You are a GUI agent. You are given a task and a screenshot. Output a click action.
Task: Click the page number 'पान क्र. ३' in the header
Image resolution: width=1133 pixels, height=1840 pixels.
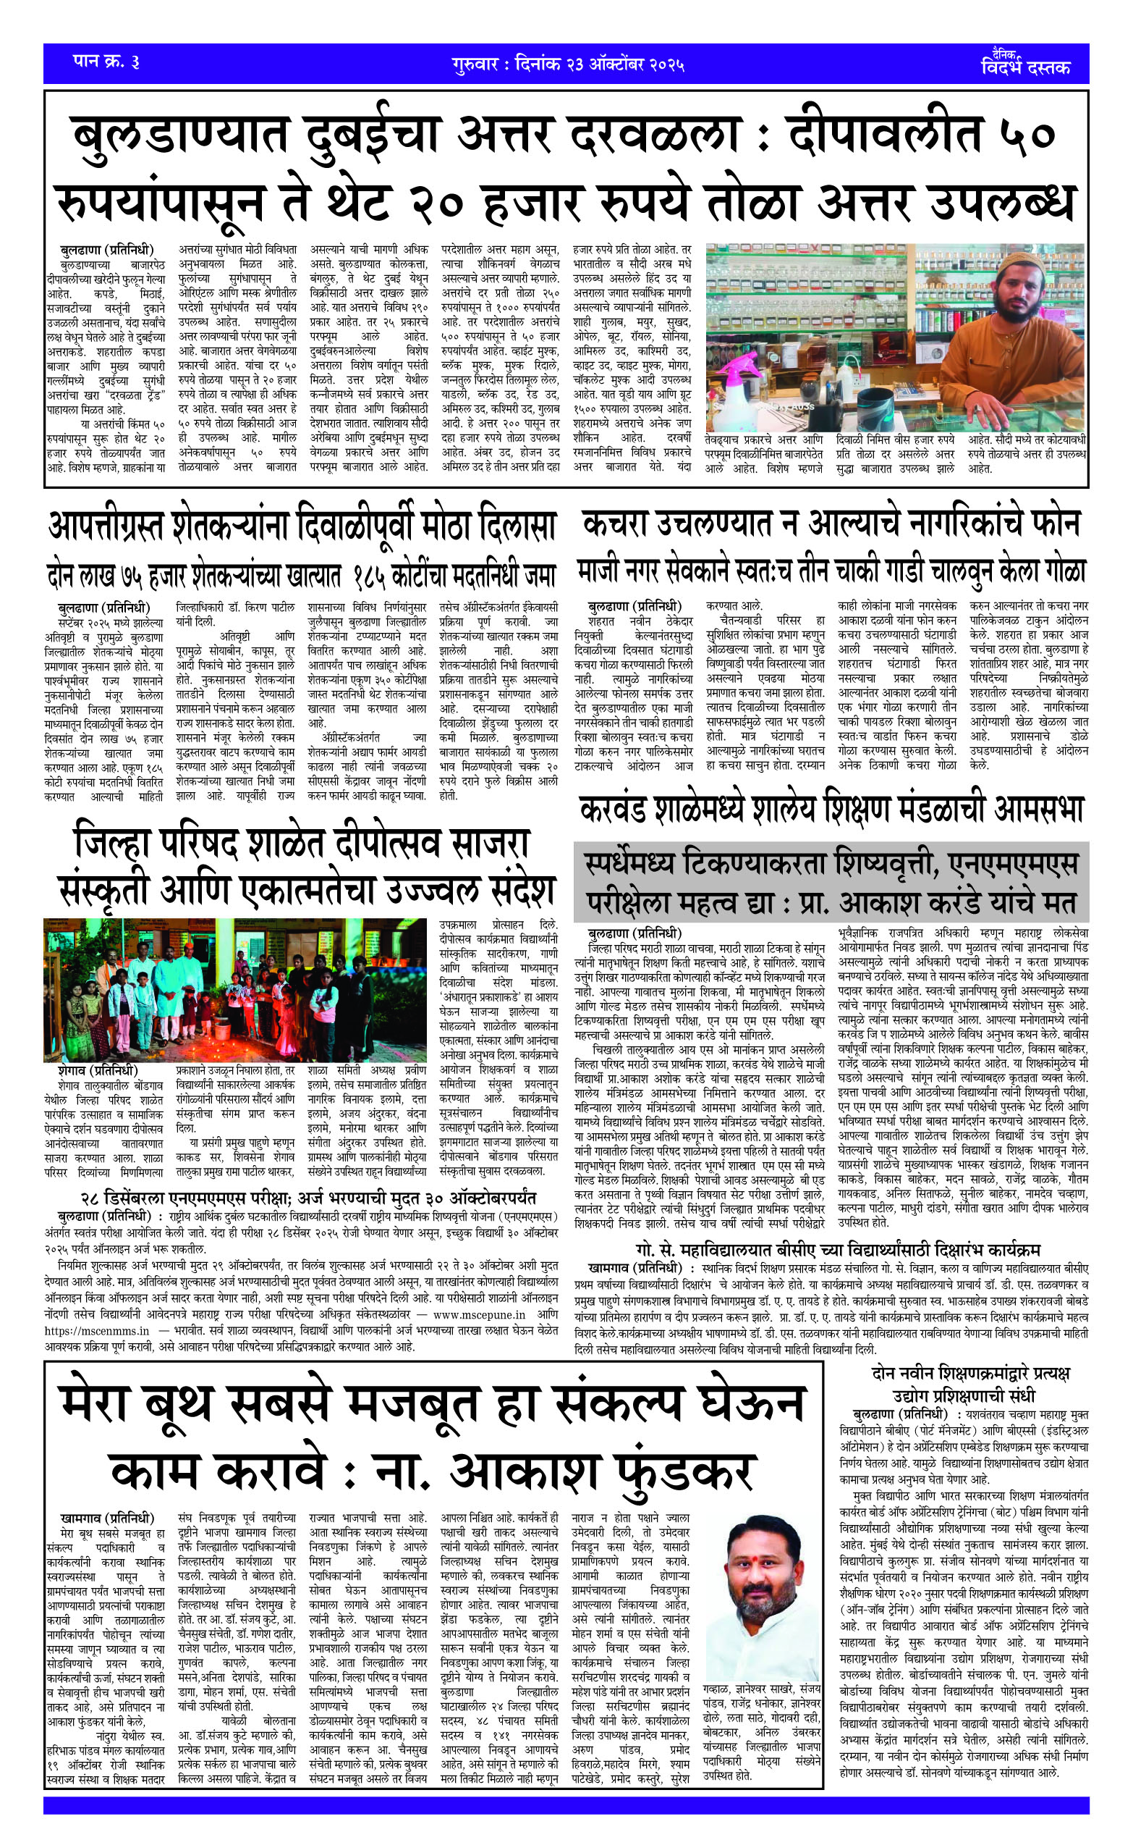106,62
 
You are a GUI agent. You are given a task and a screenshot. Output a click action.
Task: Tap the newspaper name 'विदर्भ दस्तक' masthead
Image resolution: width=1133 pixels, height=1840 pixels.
1026,66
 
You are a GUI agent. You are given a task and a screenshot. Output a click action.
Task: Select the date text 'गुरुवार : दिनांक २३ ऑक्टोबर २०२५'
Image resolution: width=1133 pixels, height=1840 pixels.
568,64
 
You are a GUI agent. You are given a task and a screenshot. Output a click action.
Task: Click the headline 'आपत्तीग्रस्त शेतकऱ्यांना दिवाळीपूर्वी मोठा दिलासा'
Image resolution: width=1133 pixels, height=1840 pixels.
302,526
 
